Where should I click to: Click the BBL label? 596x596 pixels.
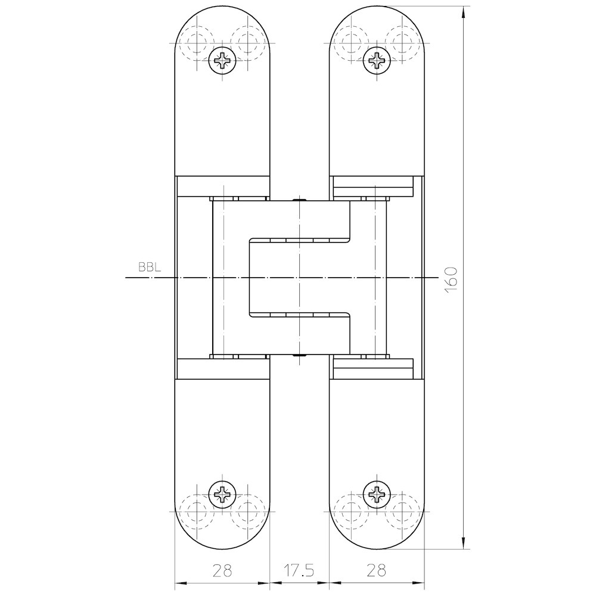pos(150,267)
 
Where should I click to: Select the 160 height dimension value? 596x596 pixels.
pos(451,280)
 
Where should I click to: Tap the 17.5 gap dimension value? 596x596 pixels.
pos(299,570)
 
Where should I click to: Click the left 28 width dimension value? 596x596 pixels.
pos(222,570)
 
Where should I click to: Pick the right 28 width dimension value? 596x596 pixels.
pos(376,570)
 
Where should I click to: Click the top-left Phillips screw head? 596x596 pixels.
pos(222,60)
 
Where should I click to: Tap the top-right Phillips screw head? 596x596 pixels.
pos(376,60)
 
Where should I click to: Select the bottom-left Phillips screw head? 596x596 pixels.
pos(222,495)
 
